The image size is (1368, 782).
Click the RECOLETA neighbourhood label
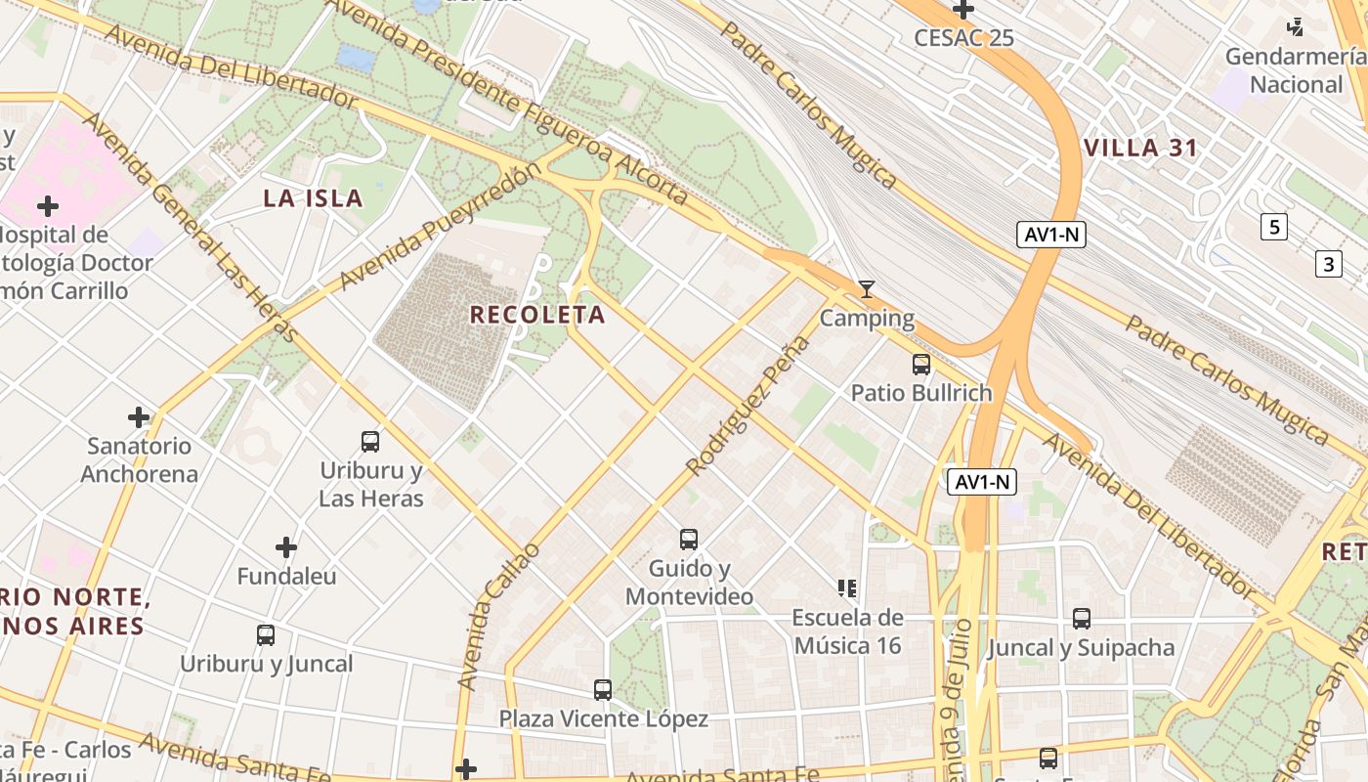click(537, 315)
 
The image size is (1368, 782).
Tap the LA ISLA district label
click(313, 198)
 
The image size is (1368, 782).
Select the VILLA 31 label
click(1140, 149)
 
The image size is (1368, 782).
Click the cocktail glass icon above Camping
click(866, 289)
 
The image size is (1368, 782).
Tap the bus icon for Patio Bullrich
click(920, 365)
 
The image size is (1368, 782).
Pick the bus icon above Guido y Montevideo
click(689, 539)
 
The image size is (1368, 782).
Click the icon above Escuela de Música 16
click(847, 587)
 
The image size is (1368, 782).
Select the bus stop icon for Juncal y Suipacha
click(1081, 618)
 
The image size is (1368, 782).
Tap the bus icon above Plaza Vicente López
click(603, 689)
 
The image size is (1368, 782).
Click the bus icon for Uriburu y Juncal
click(265, 634)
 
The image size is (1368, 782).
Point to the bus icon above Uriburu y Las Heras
click(370, 441)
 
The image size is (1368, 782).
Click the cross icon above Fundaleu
click(285, 546)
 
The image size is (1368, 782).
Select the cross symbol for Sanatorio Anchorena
click(139, 417)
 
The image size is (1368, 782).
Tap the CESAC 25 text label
click(963, 38)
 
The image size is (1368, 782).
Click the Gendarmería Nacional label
click(1296, 70)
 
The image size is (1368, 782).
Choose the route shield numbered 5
click(1273, 227)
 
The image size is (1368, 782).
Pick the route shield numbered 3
click(1328, 264)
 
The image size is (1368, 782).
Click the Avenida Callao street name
click(498, 616)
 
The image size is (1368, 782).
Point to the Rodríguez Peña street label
click(748, 406)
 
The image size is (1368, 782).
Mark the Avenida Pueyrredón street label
click(440, 227)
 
